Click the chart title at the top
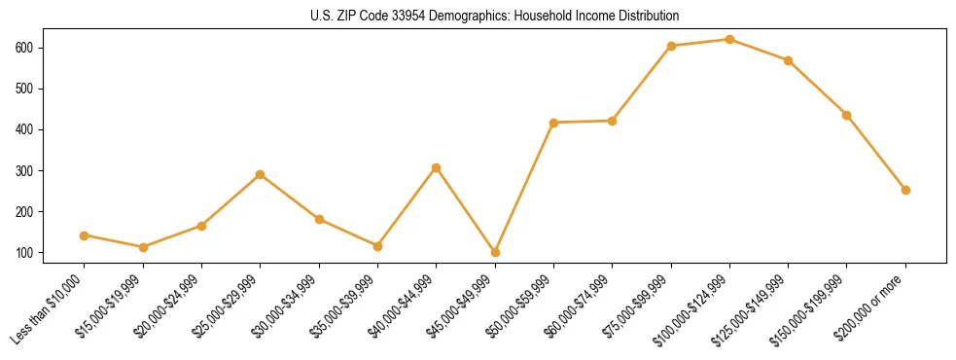coord(478,16)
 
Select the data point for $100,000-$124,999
coord(729,39)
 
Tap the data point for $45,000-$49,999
coord(495,252)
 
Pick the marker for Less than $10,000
coord(85,235)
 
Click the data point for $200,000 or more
coord(905,190)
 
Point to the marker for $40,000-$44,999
coord(436,167)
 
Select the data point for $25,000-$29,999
coord(260,174)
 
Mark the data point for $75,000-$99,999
coord(671,46)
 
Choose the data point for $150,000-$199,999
coord(846,115)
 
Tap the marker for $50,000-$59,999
coord(553,123)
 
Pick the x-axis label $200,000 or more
coord(871,306)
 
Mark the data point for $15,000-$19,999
coord(143,247)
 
